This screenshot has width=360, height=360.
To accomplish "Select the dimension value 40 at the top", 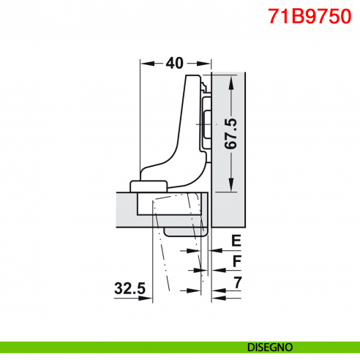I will [174, 64].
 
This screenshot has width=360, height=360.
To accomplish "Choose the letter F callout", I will [236, 261].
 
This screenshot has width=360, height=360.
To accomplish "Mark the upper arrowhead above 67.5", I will [231, 80].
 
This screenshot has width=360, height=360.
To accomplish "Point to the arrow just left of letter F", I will [217, 270].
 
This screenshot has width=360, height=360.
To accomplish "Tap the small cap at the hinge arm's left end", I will [148, 182].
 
